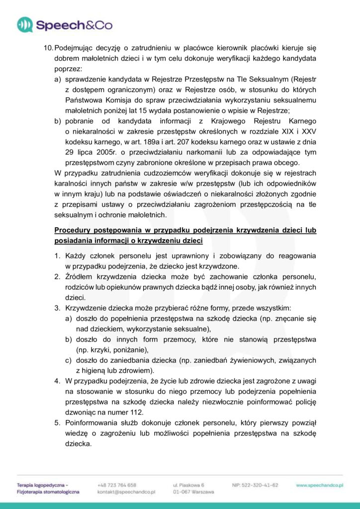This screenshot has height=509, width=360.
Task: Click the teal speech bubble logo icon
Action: point(25,24)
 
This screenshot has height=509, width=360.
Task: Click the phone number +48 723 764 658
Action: point(117,485)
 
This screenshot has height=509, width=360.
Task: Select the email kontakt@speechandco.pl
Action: point(127,492)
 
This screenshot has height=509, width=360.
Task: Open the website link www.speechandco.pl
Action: point(320,485)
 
